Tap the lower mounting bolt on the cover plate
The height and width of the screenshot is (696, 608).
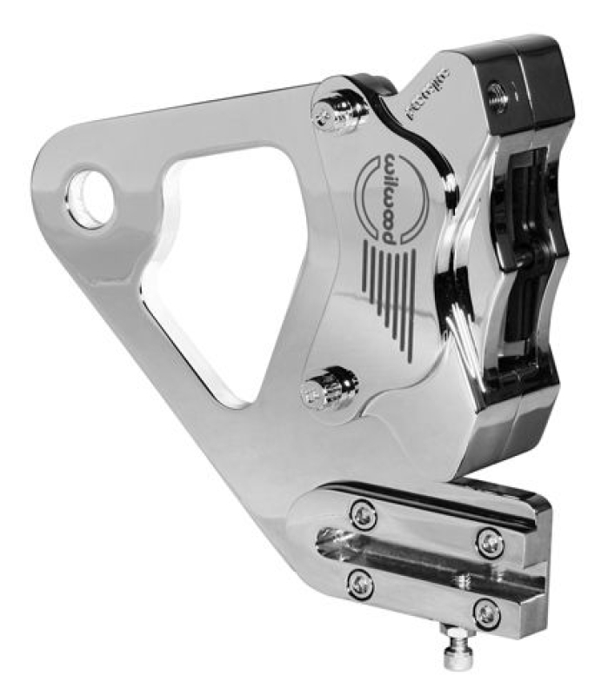tap(322, 393)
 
